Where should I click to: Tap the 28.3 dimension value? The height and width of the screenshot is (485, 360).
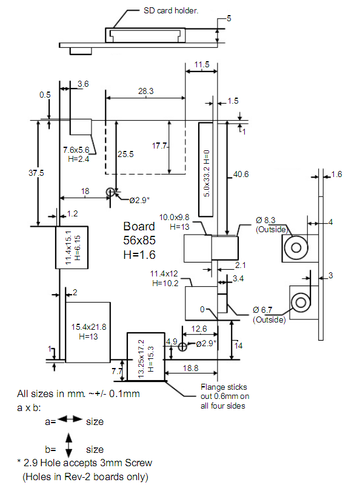click(145, 91)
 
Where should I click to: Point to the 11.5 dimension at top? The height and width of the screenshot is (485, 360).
click(202, 64)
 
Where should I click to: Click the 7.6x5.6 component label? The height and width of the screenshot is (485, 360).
click(76, 149)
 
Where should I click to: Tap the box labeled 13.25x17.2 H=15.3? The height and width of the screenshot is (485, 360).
click(145, 356)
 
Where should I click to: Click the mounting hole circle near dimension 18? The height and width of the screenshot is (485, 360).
click(110, 192)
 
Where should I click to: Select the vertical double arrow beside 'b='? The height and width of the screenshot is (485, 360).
click(68, 444)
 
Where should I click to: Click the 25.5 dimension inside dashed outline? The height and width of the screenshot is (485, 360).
click(125, 155)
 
